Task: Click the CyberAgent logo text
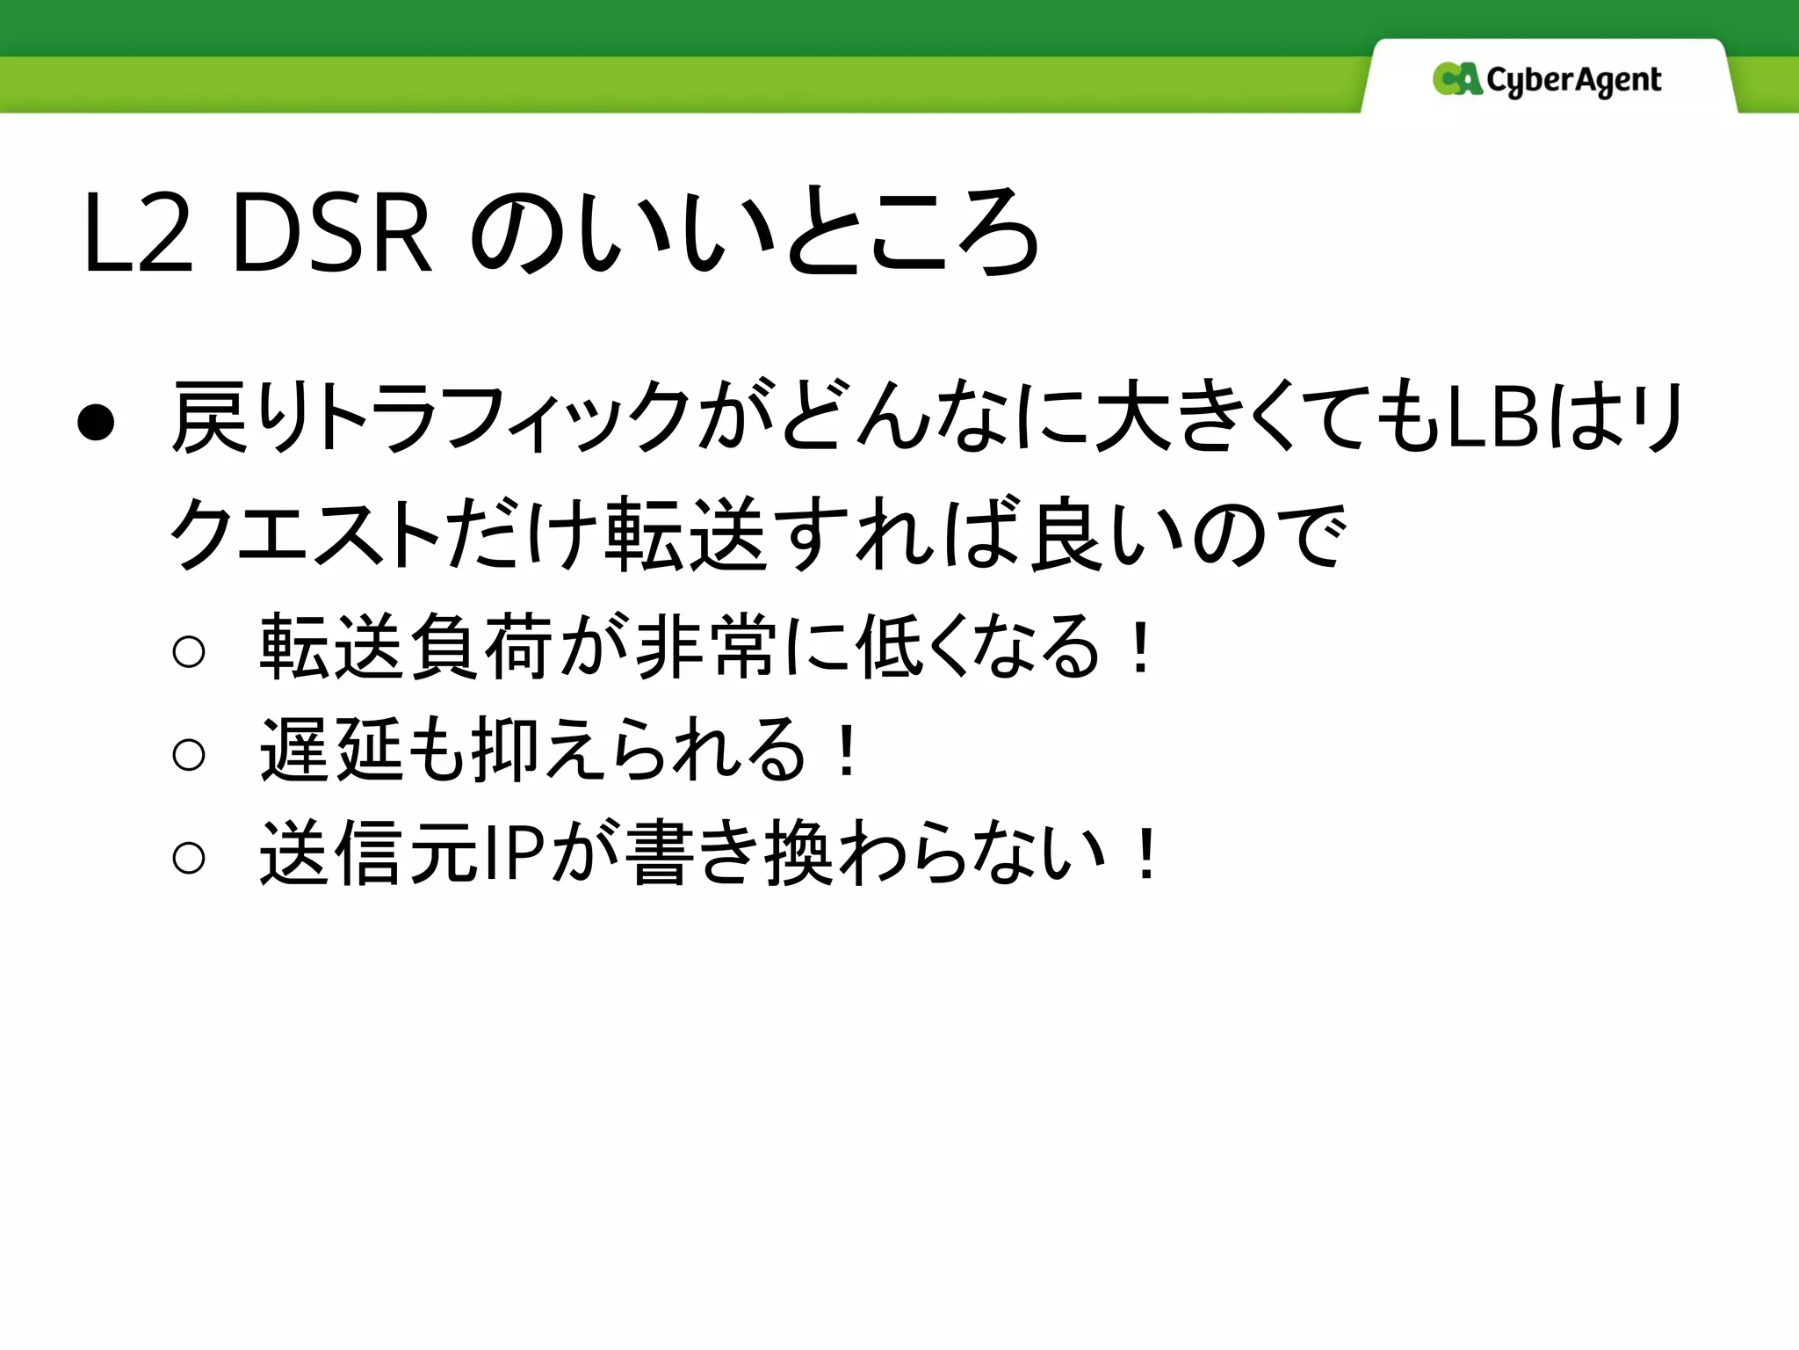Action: pos(1573,81)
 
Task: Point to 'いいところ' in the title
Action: pos(755,230)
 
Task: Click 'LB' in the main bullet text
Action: pos(1492,417)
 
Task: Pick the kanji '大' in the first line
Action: pos(1124,417)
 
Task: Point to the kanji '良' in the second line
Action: pos(1068,533)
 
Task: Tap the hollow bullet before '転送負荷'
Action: pos(189,651)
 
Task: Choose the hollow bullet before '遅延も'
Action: pos(189,754)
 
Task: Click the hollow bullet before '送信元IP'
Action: pos(189,857)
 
